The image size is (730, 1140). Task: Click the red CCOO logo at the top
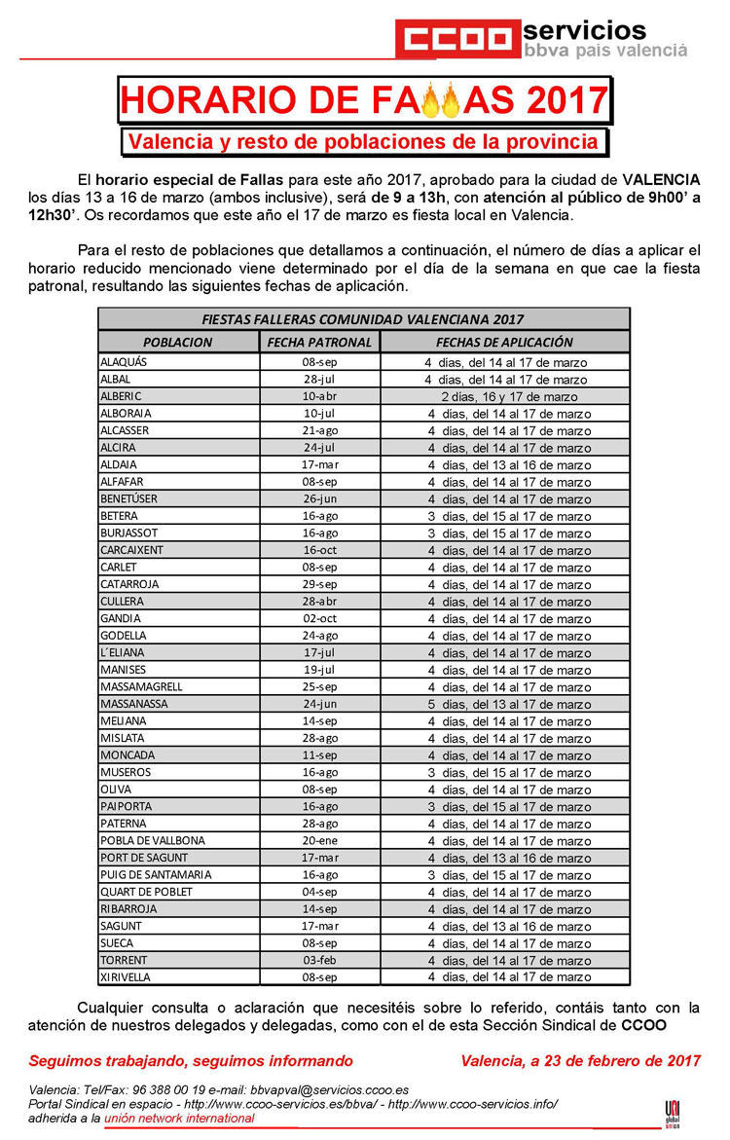click(456, 39)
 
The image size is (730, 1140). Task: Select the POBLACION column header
click(177, 342)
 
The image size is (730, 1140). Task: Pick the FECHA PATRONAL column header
click(319, 342)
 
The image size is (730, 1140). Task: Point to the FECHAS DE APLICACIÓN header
click(504, 342)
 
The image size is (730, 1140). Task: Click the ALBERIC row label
click(121, 396)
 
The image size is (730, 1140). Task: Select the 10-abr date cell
click(319, 396)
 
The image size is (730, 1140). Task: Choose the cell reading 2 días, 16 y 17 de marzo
click(504, 396)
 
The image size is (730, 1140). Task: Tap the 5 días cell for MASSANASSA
click(504, 704)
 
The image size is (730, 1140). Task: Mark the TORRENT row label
click(123, 960)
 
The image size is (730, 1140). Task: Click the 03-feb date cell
click(319, 960)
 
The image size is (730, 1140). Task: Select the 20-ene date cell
click(319, 840)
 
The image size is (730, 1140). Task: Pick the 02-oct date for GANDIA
click(319, 618)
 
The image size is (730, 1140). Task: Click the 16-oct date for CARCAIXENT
click(319, 550)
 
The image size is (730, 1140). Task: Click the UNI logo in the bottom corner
click(672, 1112)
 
